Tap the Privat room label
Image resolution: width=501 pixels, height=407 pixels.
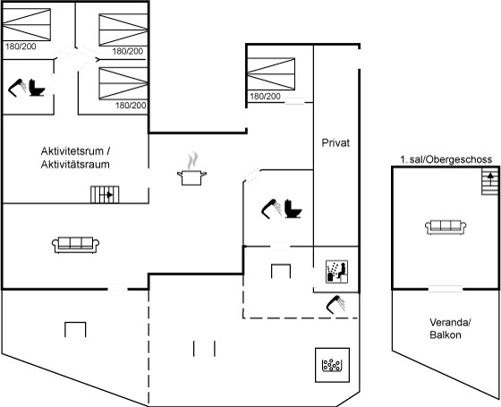click(x=335, y=143)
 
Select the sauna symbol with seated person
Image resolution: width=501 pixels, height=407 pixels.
click(x=336, y=272)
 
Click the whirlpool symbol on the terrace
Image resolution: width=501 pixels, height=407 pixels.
click(x=332, y=365)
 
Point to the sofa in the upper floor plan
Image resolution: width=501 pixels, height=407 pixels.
click(x=446, y=227)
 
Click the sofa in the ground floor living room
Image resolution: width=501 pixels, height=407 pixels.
click(x=75, y=245)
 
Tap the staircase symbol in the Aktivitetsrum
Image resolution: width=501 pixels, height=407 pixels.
click(x=105, y=195)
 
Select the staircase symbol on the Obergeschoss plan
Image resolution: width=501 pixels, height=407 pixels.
click(x=490, y=182)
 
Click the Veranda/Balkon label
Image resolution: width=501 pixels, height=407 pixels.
click(x=449, y=328)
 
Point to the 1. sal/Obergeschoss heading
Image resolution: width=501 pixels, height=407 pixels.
click(x=446, y=159)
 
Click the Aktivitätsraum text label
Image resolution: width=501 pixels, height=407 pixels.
click(x=75, y=165)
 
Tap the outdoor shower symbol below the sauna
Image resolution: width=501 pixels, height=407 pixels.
click(x=335, y=304)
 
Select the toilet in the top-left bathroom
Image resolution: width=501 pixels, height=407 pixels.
click(x=37, y=88)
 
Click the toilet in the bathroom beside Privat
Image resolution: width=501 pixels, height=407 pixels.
click(x=293, y=208)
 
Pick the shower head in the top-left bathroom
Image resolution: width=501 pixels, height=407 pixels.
click(x=17, y=88)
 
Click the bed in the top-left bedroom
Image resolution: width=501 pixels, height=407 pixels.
click(x=27, y=24)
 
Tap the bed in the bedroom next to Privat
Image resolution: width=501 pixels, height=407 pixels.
click(x=271, y=73)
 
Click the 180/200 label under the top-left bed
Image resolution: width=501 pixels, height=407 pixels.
click(x=21, y=47)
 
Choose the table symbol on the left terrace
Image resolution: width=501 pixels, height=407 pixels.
click(x=75, y=329)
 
